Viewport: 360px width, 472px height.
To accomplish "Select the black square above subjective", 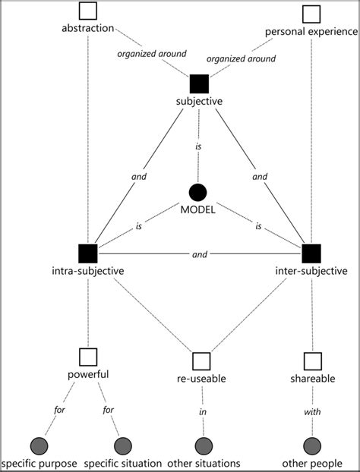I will tap(200, 84).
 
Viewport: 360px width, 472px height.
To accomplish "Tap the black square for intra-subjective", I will tap(88, 254).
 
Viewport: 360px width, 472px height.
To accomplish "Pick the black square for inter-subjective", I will tap(311, 254).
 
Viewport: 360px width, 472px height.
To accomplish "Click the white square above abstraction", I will tap(88, 11).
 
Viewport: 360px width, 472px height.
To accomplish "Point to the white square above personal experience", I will tap(311, 14).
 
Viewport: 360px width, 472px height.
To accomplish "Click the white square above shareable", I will tap(311, 360).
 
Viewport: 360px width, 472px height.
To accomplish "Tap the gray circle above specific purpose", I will tap(38, 446).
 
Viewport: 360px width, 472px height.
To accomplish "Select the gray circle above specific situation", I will tap(122, 446).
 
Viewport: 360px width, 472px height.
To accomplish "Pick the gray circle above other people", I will tap(311, 446).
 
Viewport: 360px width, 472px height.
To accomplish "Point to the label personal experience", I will tap(311, 32).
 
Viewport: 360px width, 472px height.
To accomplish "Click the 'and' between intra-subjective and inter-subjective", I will tap(200, 255).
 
